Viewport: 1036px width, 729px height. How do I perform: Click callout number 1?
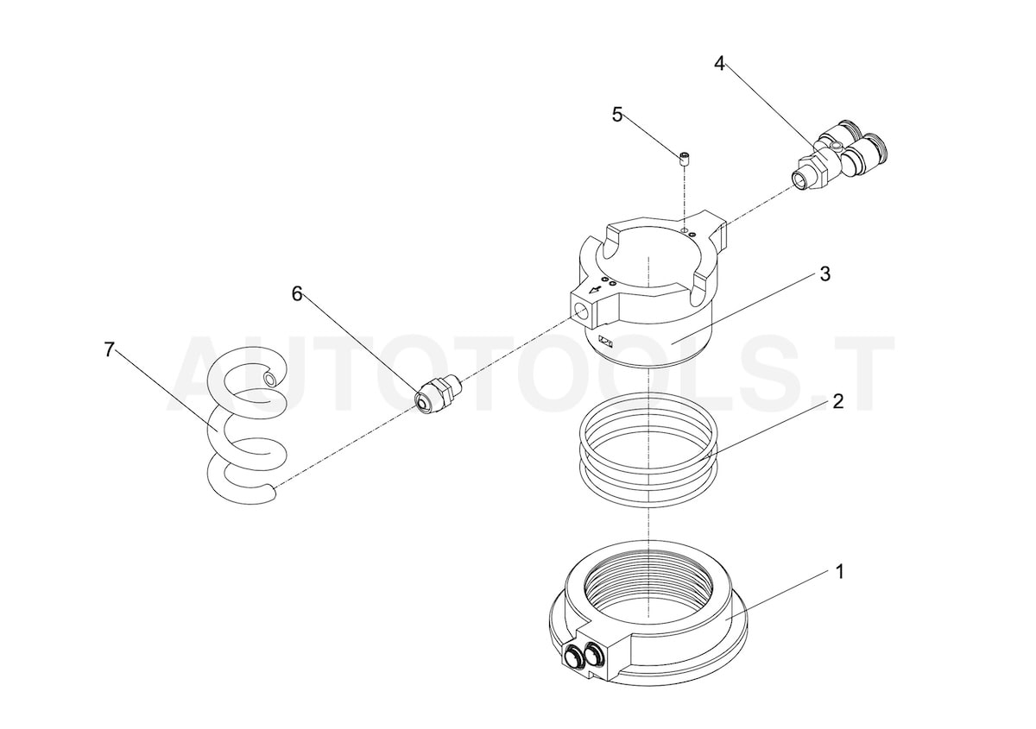(839, 571)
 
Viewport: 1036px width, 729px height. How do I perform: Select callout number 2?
(837, 402)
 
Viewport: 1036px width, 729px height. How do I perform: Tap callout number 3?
(824, 274)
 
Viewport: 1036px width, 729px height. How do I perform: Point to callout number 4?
(718, 63)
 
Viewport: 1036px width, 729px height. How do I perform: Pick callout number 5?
(616, 115)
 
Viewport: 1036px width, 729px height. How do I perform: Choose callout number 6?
(297, 294)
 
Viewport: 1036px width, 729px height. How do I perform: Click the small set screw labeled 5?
(683, 157)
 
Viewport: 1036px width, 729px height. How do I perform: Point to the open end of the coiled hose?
(271, 379)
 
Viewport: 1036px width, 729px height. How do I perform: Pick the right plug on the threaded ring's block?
(593, 657)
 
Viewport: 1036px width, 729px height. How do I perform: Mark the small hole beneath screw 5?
(683, 231)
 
